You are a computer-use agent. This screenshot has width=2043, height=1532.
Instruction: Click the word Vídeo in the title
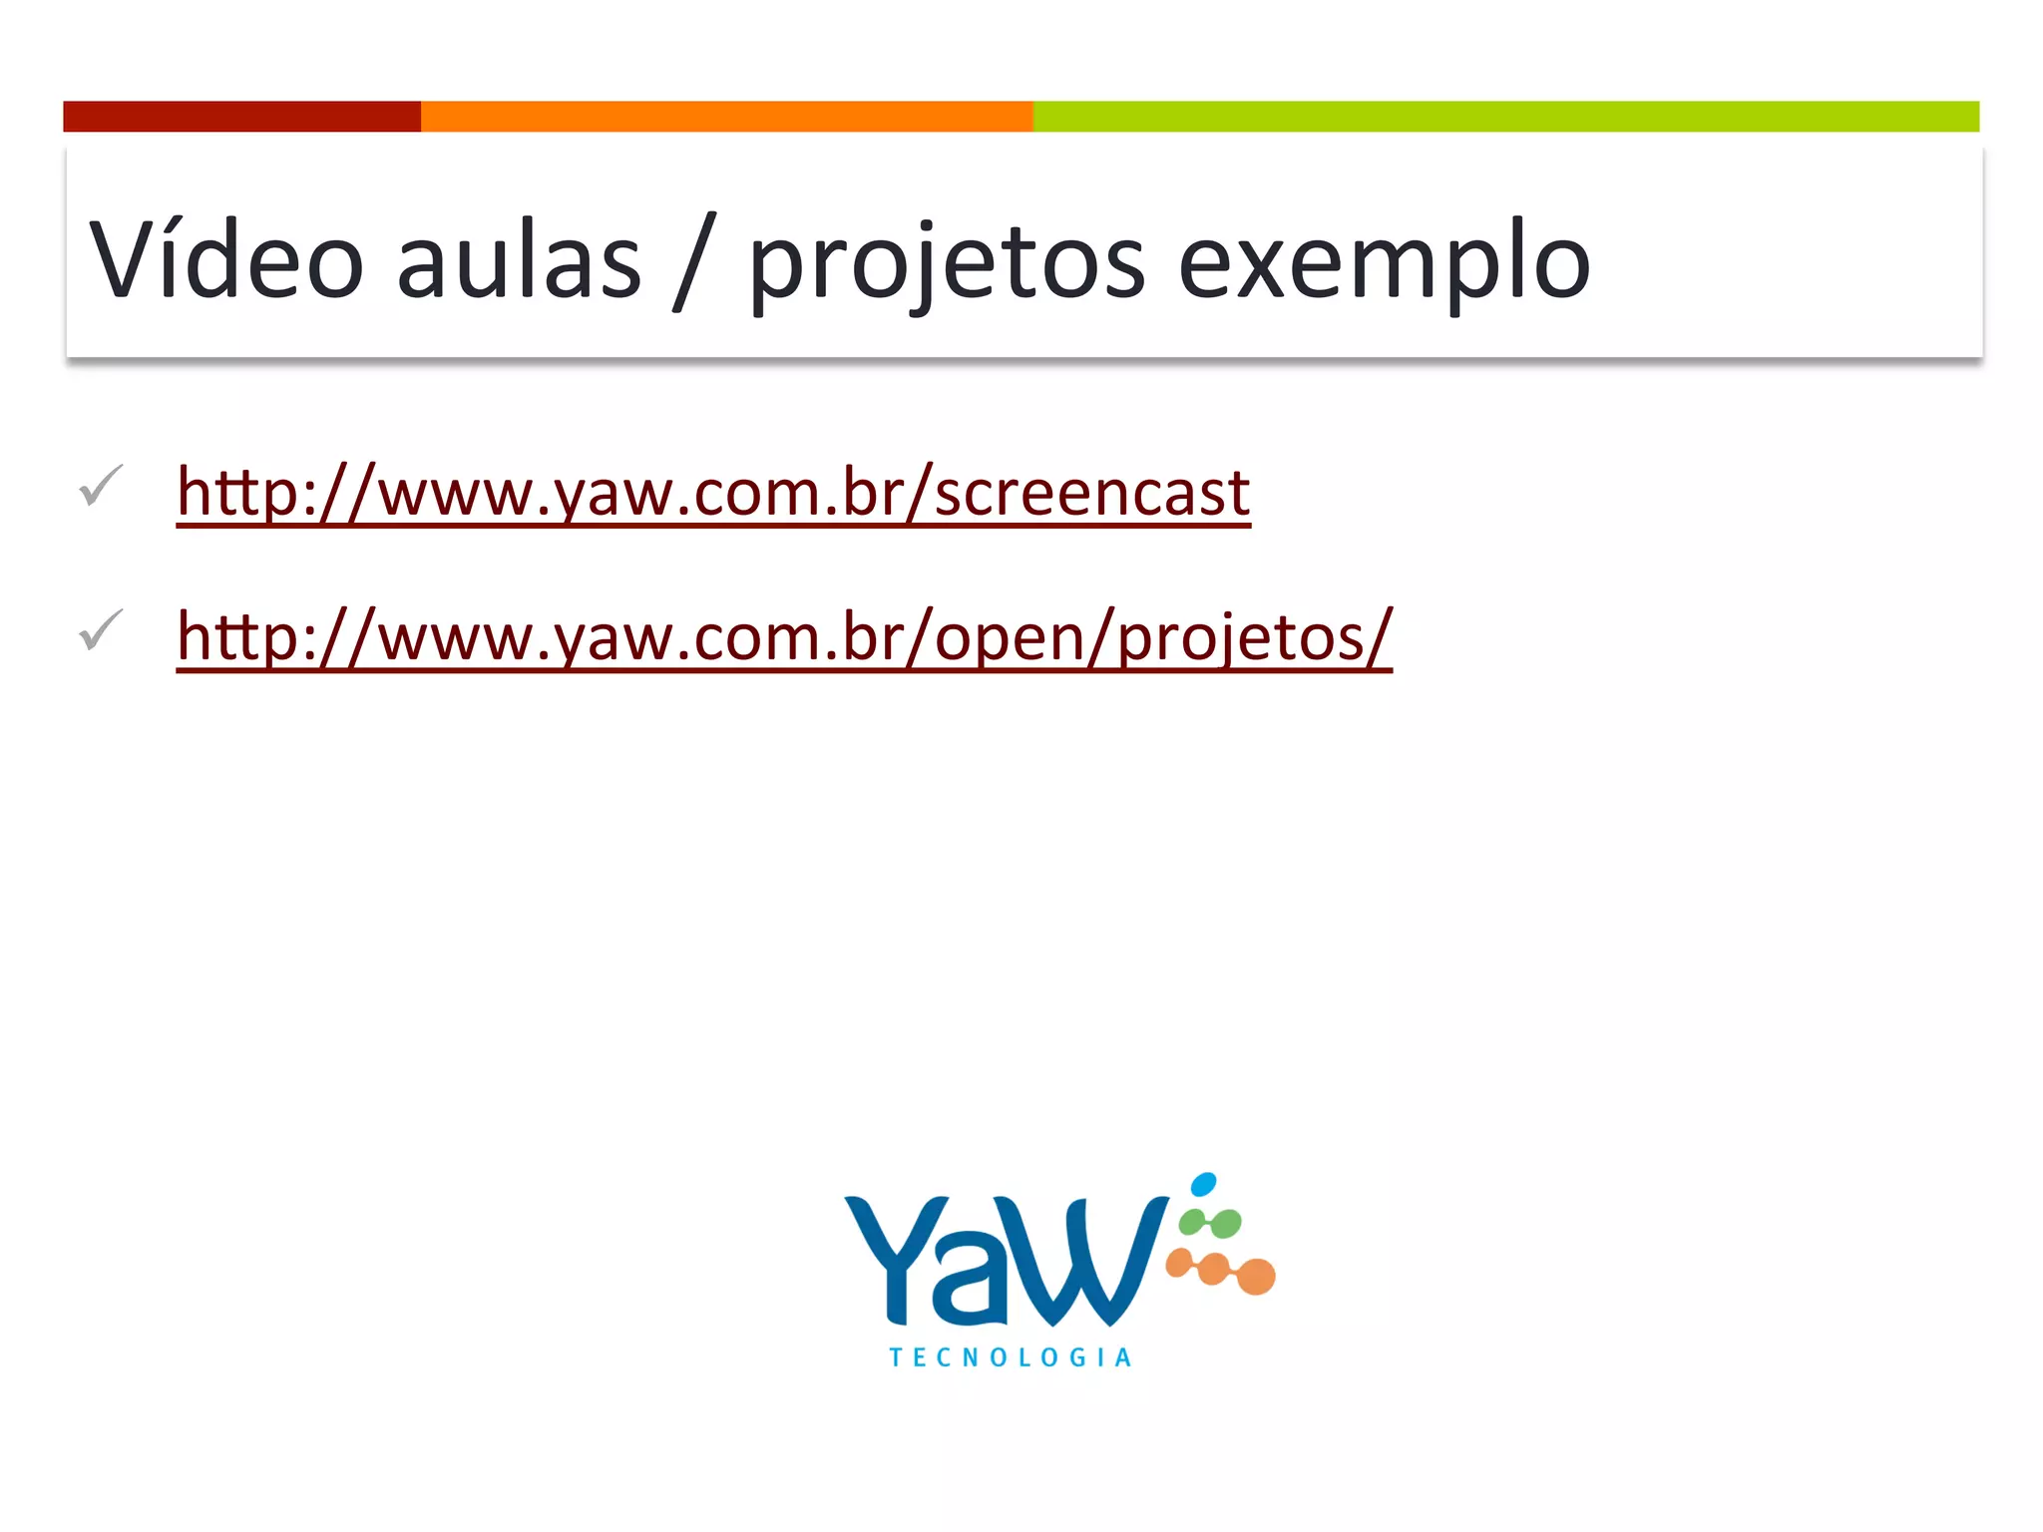tap(226, 259)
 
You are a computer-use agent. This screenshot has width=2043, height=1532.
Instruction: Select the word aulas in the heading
tap(519, 261)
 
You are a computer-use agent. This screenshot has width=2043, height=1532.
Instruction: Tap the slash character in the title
tap(695, 261)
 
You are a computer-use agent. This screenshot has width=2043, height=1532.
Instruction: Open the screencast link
tap(713, 493)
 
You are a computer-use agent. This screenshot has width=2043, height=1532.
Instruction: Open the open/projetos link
tap(784, 637)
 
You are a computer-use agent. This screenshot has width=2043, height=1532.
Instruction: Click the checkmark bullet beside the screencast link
tap(101, 486)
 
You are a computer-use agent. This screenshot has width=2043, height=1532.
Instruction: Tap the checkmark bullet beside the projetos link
tap(101, 630)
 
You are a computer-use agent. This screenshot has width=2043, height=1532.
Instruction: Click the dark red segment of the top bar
tap(241, 117)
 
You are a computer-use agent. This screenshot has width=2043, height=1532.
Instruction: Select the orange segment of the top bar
tap(726, 117)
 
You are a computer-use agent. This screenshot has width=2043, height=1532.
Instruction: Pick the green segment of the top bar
tap(1505, 117)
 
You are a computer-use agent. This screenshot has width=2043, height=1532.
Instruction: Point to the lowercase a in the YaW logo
tap(972, 1287)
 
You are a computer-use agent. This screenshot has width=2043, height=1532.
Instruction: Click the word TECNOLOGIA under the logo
tap(1010, 1357)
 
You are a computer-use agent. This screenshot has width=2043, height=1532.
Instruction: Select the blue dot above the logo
tap(1204, 1184)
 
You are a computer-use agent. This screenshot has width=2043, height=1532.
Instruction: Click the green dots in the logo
tap(1210, 1223)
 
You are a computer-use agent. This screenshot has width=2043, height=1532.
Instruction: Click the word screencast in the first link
tap(1091, 493)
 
